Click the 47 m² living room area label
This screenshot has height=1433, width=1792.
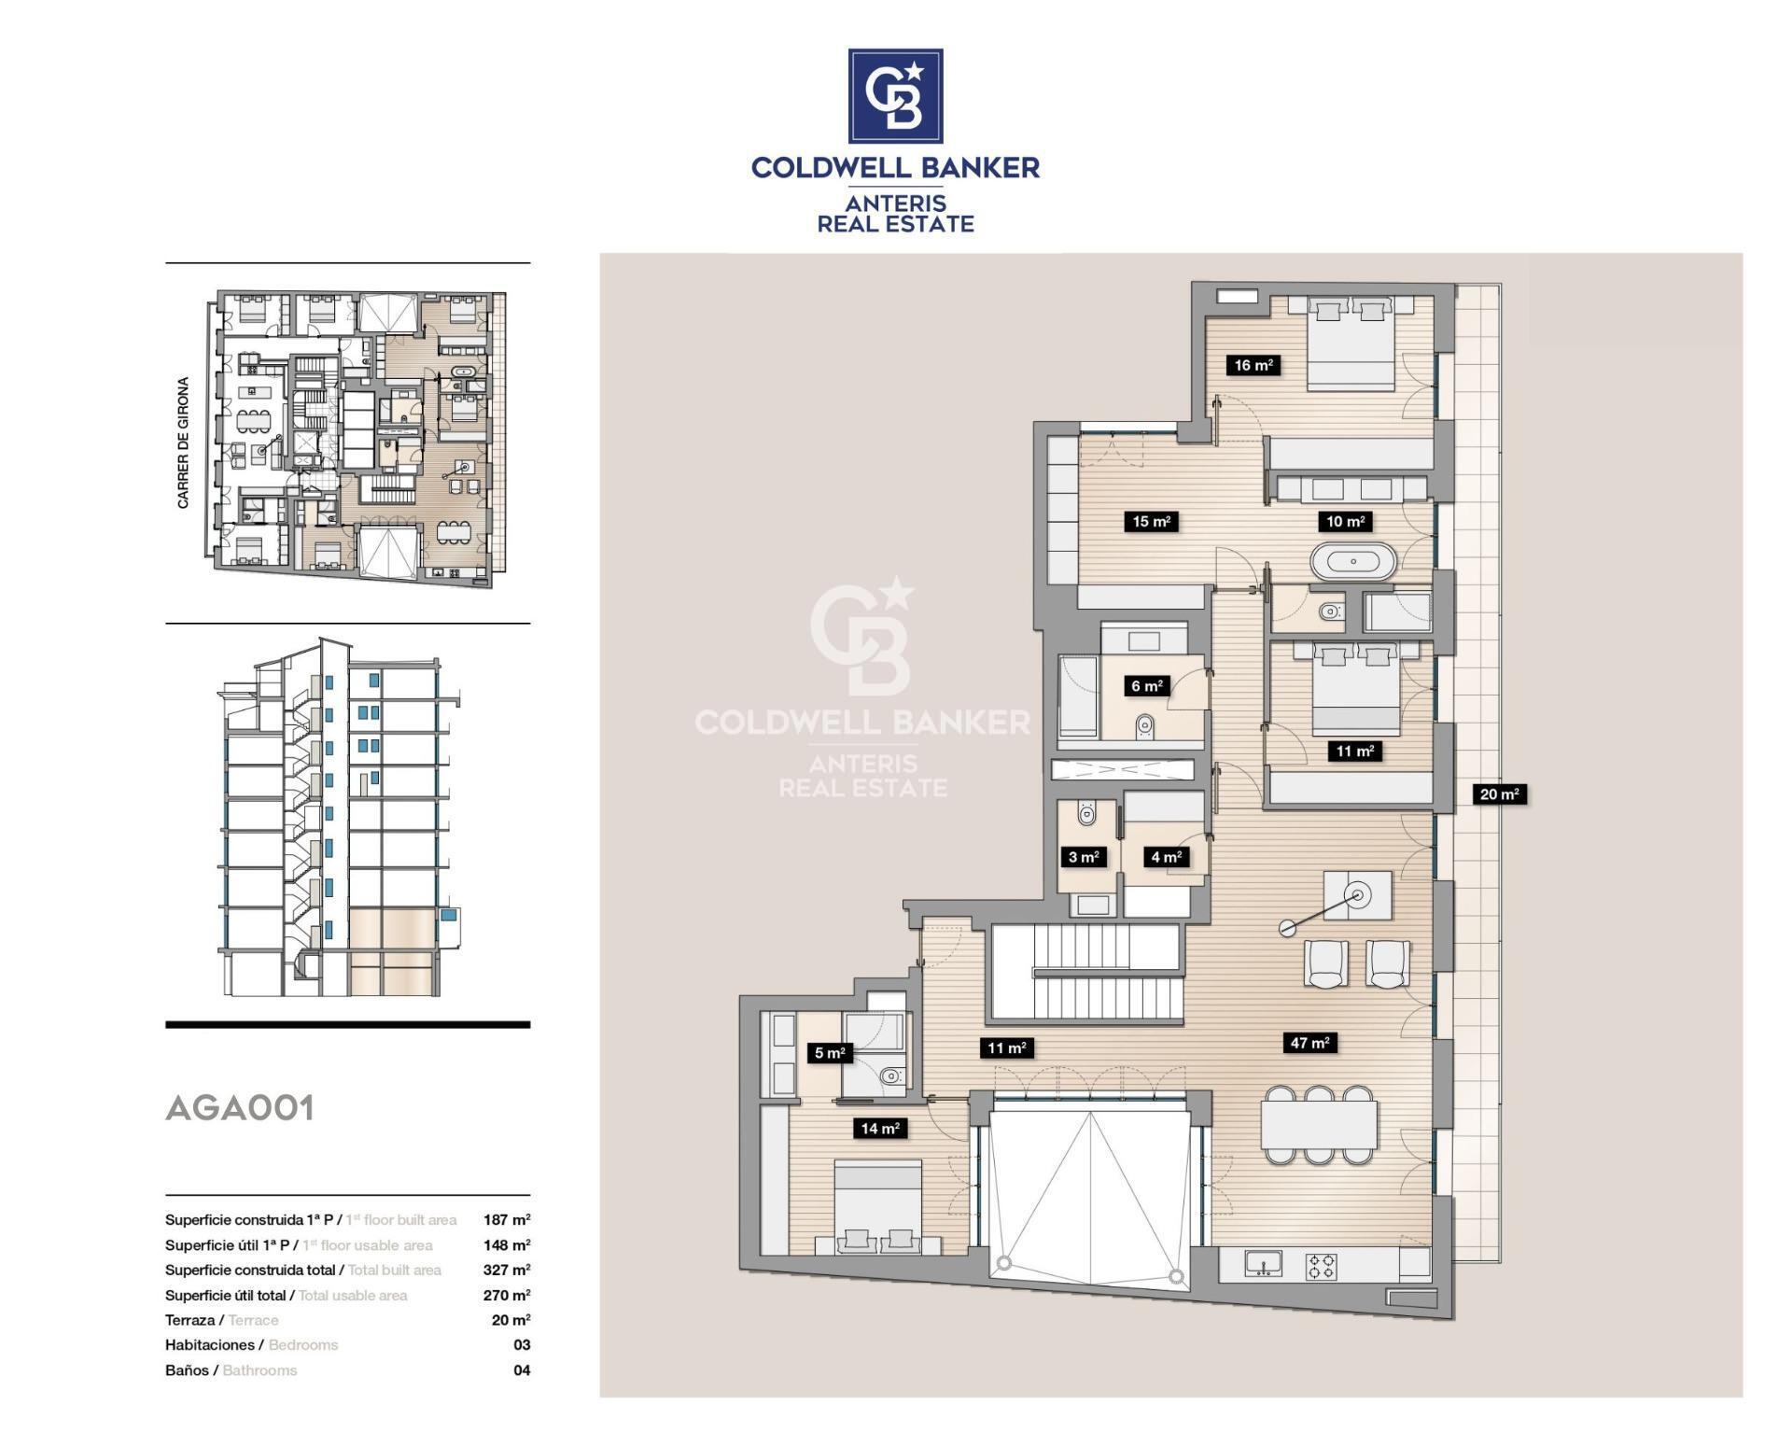(x=1309, y=1043)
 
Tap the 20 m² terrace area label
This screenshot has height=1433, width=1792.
(x=1499, y=794)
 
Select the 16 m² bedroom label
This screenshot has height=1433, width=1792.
(x=1253, y=365)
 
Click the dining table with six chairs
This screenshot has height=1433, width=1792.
(x=1318, y=1125)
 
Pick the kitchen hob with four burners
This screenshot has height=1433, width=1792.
(x=1321, y=1266)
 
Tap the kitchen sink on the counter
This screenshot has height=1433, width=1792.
(x=1263, y=1264)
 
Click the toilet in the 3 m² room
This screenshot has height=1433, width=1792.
(x=1086, y=814)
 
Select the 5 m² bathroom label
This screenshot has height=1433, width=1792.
(x=830, y=1053)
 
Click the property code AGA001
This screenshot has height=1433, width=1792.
(x=240, y=1108)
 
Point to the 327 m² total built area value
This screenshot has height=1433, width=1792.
(x=507, y=1270)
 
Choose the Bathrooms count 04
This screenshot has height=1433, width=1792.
(x=522, y=1370)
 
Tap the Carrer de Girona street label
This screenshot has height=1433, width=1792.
(x=183, y=443)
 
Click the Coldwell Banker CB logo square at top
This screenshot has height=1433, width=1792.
(x=895, y=96)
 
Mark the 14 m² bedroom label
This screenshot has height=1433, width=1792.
(x=879, y=1129)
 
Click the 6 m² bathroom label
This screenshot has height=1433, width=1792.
(x=1146, y=686)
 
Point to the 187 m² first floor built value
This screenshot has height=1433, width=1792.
(x=507, y=1219)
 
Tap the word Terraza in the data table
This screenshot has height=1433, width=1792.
(x=189, y=1320)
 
